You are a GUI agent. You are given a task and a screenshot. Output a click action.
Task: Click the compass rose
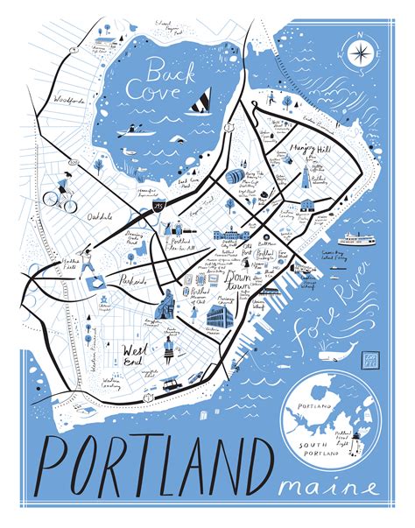click(359, 54)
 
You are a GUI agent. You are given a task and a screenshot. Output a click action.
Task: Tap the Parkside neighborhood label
click(134, 282)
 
